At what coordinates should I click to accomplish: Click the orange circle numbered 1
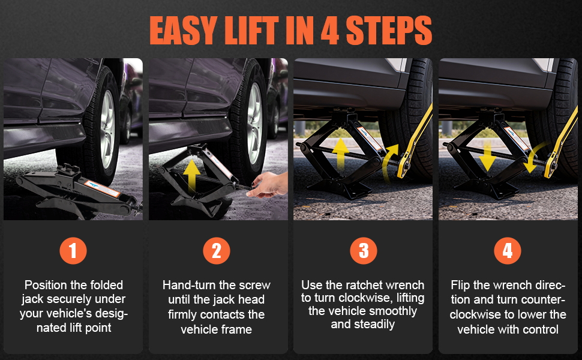[73, 251]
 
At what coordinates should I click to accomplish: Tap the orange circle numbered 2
[217, 251]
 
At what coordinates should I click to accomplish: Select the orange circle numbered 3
[363, 251]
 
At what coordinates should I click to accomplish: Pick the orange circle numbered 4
[508, 251]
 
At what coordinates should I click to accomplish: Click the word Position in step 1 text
[47, 285]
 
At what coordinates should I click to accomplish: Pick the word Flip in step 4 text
[462, 285]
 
